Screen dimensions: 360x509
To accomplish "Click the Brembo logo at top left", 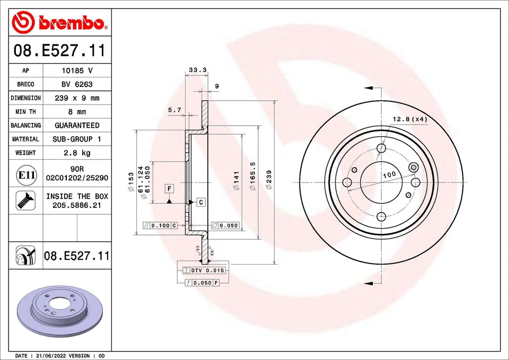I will [59, 22].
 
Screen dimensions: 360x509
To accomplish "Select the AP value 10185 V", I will [77, 71].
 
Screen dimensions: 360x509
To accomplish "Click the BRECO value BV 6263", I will [77, 84].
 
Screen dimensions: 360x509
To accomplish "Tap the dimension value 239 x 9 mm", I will [77, 98].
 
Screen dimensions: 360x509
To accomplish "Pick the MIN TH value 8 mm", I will [77, 112].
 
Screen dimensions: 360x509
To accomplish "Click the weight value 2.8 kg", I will [77, 153].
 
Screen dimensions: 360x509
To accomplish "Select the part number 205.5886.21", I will [77, 205].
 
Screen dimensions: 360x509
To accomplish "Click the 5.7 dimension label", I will [174, 110].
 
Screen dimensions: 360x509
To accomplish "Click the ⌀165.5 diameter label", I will [253, 177].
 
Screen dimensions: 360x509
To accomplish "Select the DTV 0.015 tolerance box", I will [204, 270].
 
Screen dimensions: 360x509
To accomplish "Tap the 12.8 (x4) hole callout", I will [409, 119].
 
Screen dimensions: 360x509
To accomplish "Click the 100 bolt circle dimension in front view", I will [389, 174].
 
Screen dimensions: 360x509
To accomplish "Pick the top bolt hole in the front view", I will [381, 148].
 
